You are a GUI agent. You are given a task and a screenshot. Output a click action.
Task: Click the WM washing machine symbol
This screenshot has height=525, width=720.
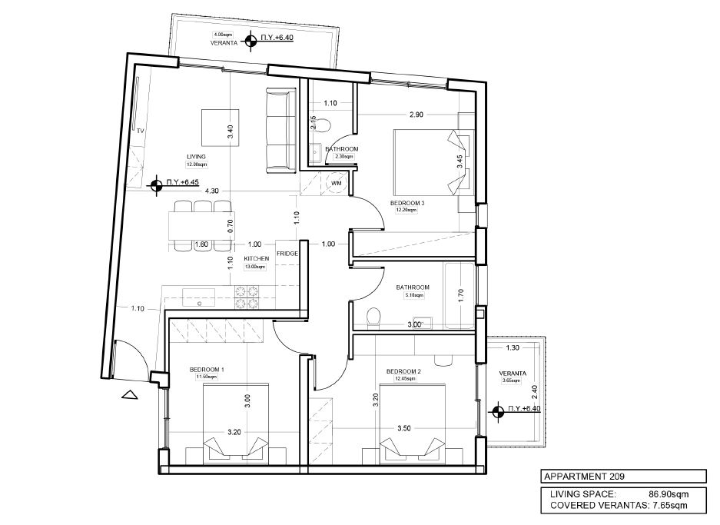[x=336, y=183]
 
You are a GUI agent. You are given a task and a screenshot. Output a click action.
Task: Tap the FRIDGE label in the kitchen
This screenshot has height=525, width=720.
[x=287, y=254]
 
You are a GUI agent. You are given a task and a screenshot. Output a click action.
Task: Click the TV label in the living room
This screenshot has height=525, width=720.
[x=141, y=131]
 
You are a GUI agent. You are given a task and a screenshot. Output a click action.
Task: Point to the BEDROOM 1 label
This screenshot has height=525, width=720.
[x=207, y=370]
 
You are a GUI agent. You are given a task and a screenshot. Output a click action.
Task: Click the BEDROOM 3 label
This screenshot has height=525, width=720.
[x=407, y=203]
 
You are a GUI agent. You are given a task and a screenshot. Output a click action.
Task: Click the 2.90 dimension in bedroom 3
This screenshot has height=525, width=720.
[x=416, y=115]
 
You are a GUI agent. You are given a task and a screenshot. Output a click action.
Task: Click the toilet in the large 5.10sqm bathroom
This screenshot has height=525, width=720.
[x=373, y=317]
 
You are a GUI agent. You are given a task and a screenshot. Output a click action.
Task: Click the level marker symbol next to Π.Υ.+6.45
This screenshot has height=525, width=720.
[x=154, y=183]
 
